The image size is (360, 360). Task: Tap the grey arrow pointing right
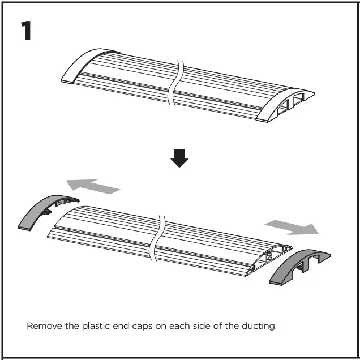pyautogui.click(x=291, y=226)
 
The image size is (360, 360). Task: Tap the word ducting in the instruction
pyautogui.click(x=258, y=327)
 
